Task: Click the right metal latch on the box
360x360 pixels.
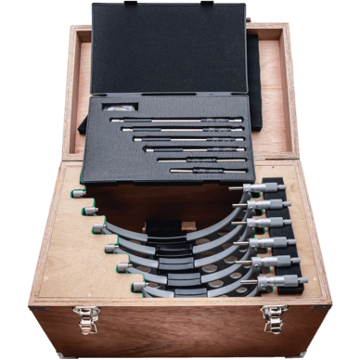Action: pyautogui.click(x=275, y=317)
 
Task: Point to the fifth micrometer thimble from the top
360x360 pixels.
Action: pyautogui.click(x=278, y=261)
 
